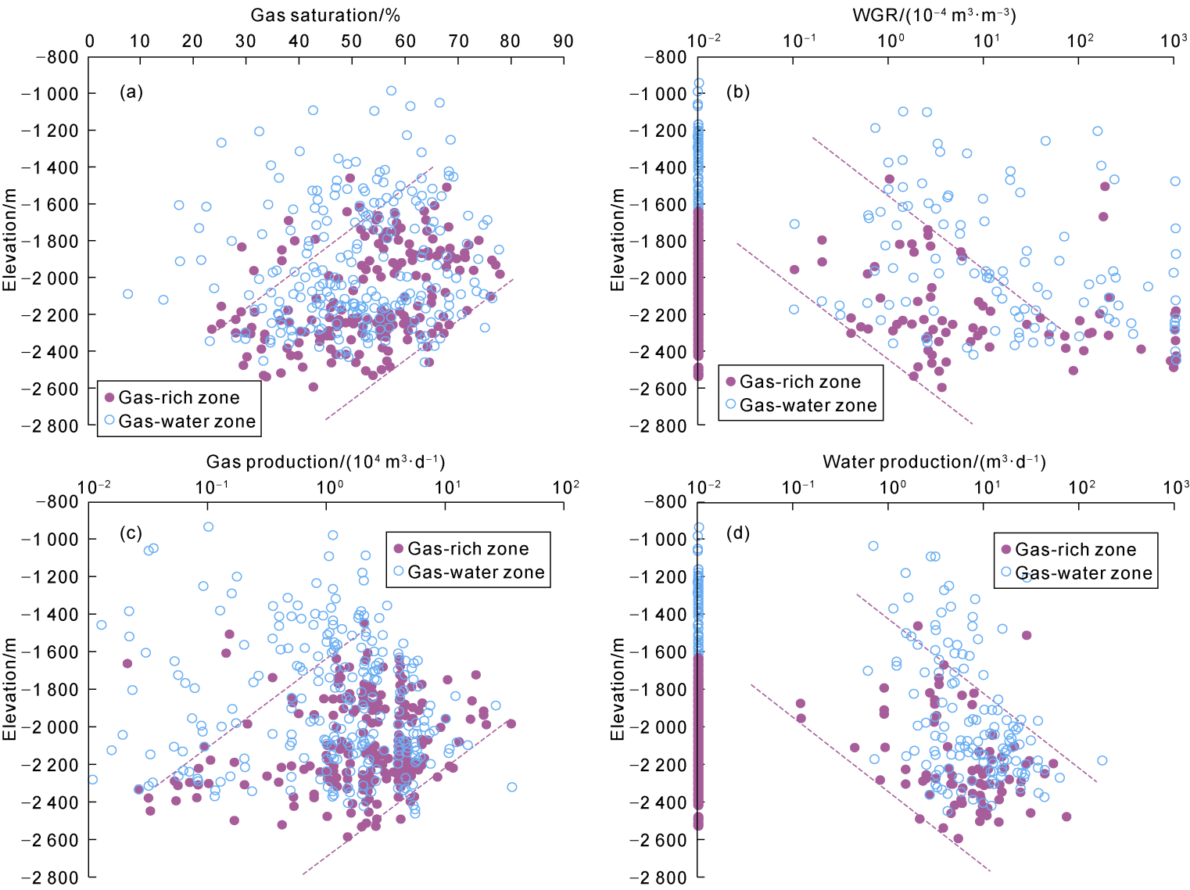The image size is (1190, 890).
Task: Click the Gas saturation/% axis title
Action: (x=325, y=16)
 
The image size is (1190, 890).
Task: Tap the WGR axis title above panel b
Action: (x=934, y=16)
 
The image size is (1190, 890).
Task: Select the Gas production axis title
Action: (x=325, y=462)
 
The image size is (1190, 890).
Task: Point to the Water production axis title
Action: (x=934, y=462)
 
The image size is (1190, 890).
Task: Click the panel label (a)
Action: (x=131, y=92)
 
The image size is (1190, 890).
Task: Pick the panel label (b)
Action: (x=738, y=92)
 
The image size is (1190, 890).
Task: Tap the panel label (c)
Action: (x=131, y=533)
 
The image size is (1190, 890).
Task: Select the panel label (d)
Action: (x=738, y=533)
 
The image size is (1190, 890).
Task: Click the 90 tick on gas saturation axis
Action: (x=563, y=41)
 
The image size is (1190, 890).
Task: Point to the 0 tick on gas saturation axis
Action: (x=90, y=41)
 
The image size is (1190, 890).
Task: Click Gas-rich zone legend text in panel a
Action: (x=179, y=397)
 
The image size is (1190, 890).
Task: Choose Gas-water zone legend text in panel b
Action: (x=808, y=405)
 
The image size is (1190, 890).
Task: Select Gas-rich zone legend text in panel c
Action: (x=468, y=548)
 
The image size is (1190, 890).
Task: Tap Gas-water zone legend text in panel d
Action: (x=1084, y=573)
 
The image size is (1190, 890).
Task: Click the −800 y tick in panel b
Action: (x=665, y=57)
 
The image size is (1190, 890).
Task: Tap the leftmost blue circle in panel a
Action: (x=127, y=294)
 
